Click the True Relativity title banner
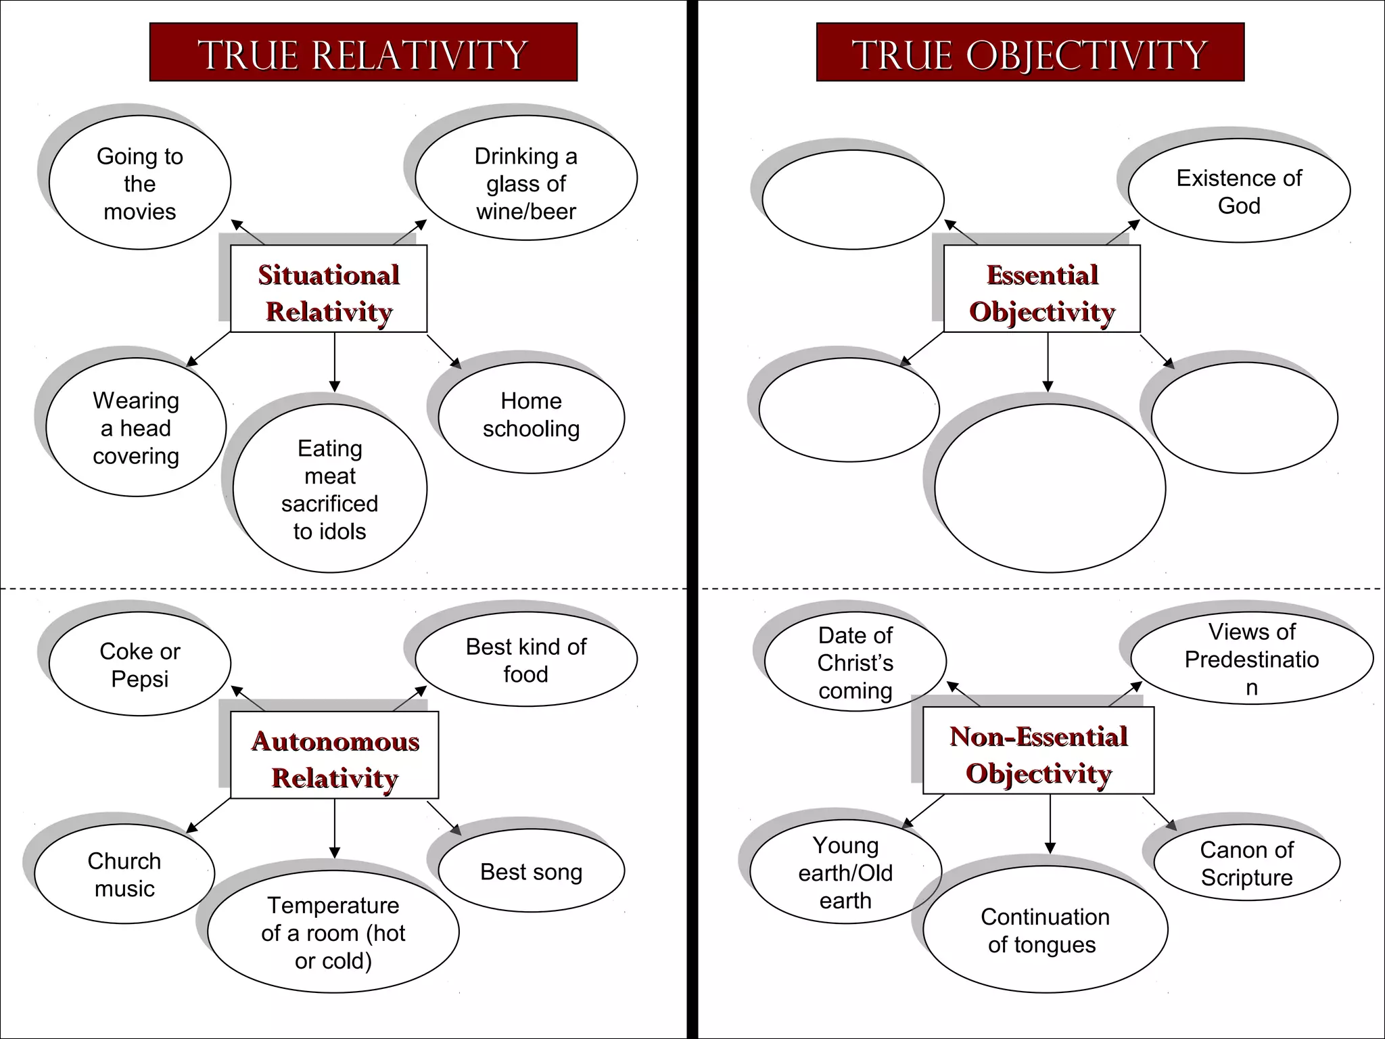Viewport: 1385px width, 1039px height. coord(363,53)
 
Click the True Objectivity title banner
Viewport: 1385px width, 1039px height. coord(1030,53)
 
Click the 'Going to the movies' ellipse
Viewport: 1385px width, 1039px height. coord(140,183)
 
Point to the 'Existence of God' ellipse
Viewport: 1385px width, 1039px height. coord(1239,191)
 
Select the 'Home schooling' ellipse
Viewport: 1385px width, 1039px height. coord(532,415)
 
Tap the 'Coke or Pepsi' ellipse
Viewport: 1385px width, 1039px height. coord(140,664)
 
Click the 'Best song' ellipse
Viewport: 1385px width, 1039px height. coord(532,871)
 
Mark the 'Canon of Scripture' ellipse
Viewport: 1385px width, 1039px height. coord(1246,862)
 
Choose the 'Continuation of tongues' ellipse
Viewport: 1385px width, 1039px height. coord(1045,930)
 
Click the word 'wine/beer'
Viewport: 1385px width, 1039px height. coord(526,212)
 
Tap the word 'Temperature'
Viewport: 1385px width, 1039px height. coord(333,905)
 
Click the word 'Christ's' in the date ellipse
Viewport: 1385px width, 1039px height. coord(855,663)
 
